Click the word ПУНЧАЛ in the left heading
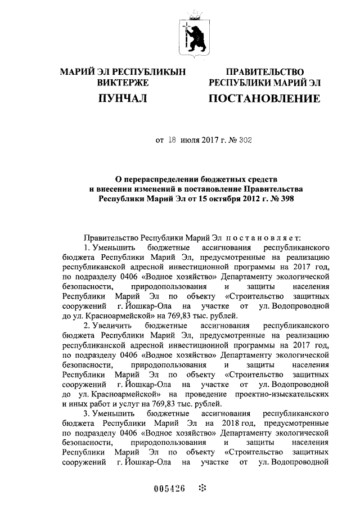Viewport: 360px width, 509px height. click(x=122, y=100)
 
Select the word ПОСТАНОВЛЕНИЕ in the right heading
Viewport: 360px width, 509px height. click(x=264, y=100)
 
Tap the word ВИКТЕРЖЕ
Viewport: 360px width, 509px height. click(x=122, y=83)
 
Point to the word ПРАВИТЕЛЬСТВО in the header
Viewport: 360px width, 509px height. click(x=264, y=72)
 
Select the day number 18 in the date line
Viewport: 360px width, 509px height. click(x=172, y=140)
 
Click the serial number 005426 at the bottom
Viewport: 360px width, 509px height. click(x=169, y=488)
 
